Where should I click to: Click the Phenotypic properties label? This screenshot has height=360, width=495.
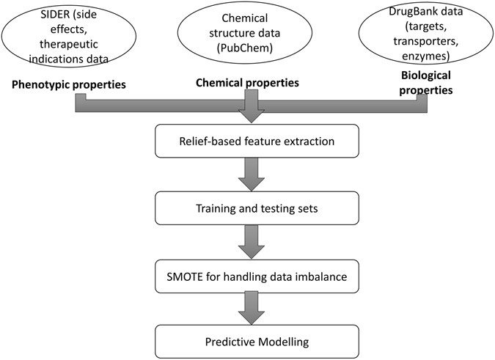68,85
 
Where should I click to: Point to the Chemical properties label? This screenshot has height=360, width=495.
246,83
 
